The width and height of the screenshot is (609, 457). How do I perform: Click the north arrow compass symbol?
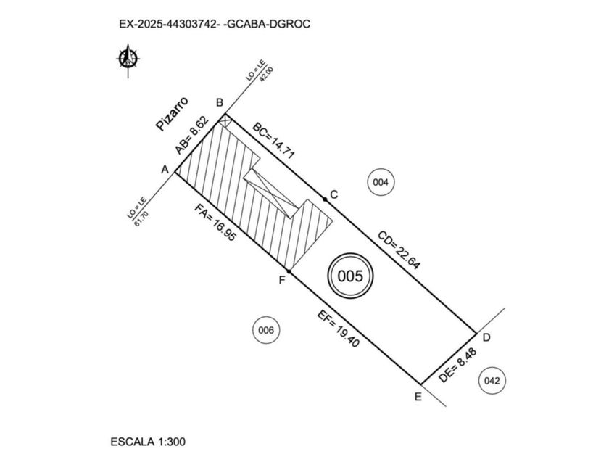click(x=128, y=59)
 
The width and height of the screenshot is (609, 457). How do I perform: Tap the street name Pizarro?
click(x=172, y=113)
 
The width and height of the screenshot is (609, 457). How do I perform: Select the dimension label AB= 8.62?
click(x=192, y=135)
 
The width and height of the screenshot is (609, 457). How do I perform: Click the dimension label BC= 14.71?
click(x=274, y=141)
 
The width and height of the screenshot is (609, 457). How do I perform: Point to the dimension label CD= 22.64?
click(x=399, y=250)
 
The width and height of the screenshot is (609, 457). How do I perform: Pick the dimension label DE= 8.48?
click(x=457, y=366)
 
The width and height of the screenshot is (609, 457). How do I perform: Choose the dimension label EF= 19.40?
click(x=339, y=329)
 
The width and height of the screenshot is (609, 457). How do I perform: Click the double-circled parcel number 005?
click(x=350, y=276)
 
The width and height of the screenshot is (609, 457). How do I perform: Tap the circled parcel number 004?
click(x=381, y=182)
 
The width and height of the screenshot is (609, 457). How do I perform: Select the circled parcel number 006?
click(x=266, y=330)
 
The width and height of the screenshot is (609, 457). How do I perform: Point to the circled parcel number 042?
click(x=492, y=380)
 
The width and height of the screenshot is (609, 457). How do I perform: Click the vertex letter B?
click(x=220, y=102)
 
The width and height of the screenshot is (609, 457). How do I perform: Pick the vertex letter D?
click(x=486, y=337)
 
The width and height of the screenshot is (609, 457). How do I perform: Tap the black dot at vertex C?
click(x=325, y=199)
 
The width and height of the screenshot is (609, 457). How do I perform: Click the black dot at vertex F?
click(x=289, y=271)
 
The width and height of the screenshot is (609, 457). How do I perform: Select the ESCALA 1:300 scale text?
click(x=148, y=442)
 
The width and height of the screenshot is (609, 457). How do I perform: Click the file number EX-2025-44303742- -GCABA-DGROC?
click(x=215, y=24)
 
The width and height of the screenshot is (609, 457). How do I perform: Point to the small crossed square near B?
click(x=225, y=120)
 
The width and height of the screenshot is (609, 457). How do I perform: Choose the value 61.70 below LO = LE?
click(x=141, y=218)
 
